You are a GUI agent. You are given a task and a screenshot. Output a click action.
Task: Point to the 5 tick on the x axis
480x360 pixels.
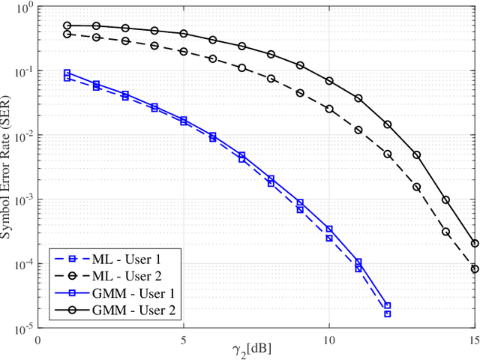pos(184,339)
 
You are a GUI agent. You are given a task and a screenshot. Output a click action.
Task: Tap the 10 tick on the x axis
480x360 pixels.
pos(329,339)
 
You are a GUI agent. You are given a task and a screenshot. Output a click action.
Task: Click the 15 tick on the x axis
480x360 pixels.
pos(473,339)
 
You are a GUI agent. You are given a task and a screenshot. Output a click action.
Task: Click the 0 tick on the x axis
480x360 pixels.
pos(38,339)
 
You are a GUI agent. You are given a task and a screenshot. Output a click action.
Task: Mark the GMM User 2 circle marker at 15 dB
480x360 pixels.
pos(475,243)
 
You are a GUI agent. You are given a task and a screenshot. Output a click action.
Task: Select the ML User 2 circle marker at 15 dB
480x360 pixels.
pos(475,268)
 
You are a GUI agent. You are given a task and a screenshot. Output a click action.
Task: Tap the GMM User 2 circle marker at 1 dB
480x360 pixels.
pos(67,25)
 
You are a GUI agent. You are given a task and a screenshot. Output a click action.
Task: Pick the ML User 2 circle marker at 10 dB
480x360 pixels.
pos(329,109)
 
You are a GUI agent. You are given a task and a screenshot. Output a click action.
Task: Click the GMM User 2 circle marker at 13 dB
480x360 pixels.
pos(416,154)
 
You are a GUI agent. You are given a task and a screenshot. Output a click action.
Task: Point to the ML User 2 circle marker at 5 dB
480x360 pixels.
pos(184,51)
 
